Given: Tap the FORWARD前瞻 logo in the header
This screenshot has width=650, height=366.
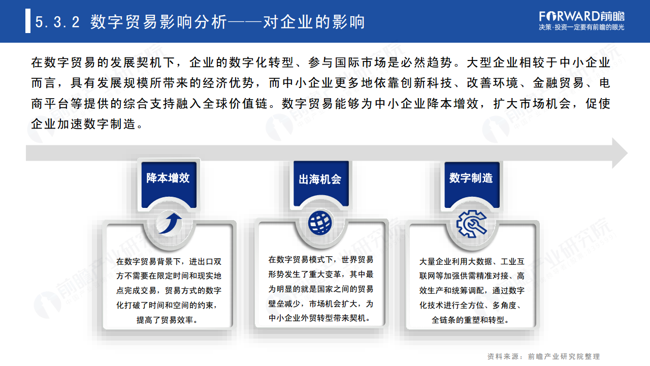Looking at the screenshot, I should pos(582,15).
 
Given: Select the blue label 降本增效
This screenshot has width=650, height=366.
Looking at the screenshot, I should pos(168,178).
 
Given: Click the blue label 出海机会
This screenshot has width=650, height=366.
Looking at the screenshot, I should pos(320,179).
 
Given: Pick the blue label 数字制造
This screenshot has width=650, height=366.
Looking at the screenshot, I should pos(471,178).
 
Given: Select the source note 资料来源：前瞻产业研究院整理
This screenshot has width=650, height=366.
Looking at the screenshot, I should pos(543,356).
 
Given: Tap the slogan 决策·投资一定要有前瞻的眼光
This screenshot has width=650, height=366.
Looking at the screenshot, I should pos(581,27).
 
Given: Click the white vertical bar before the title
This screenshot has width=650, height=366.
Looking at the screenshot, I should pos(28,22).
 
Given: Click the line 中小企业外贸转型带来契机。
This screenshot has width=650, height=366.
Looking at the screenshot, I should pos(320,318).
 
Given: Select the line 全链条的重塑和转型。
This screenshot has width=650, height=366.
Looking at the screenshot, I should pos(471,320).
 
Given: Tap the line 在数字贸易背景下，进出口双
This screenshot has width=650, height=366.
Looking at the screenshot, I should pos(169,262).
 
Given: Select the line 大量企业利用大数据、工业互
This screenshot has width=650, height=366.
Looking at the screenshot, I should pos(472,262).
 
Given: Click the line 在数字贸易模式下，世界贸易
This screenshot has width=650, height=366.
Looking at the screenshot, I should pos(321,260).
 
